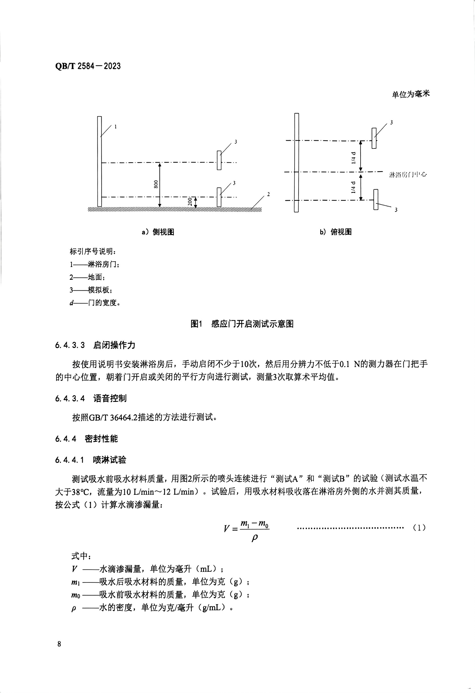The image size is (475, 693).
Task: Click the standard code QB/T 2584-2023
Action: pos(88,66)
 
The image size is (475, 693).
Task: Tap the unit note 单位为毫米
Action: pos(411,94)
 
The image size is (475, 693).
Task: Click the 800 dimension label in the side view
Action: pos(156,184)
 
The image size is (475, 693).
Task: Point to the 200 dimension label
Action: pos(190,202)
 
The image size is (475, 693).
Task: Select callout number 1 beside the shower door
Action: pos(116,127)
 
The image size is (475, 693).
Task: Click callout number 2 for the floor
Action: pos(269,195)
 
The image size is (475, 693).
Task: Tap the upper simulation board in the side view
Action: pos(219,160)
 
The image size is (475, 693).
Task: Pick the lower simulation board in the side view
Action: pos(219,197)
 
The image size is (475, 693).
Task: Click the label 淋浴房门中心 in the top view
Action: pos(408,174)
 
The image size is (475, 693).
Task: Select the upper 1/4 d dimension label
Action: pos(353,158)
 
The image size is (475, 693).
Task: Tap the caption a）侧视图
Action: pos(158,232)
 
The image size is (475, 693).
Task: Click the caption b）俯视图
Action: pos(336,232)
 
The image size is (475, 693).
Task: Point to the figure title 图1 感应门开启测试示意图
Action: pos(242,324)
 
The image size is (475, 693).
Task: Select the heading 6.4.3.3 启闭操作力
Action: pos(95,345)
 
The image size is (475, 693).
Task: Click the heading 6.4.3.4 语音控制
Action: pos(91,398)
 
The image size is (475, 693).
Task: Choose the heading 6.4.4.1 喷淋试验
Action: pos(91,460)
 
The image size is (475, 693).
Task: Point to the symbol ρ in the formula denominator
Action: pos(254,538)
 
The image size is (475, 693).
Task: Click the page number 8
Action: pos(59,644)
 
